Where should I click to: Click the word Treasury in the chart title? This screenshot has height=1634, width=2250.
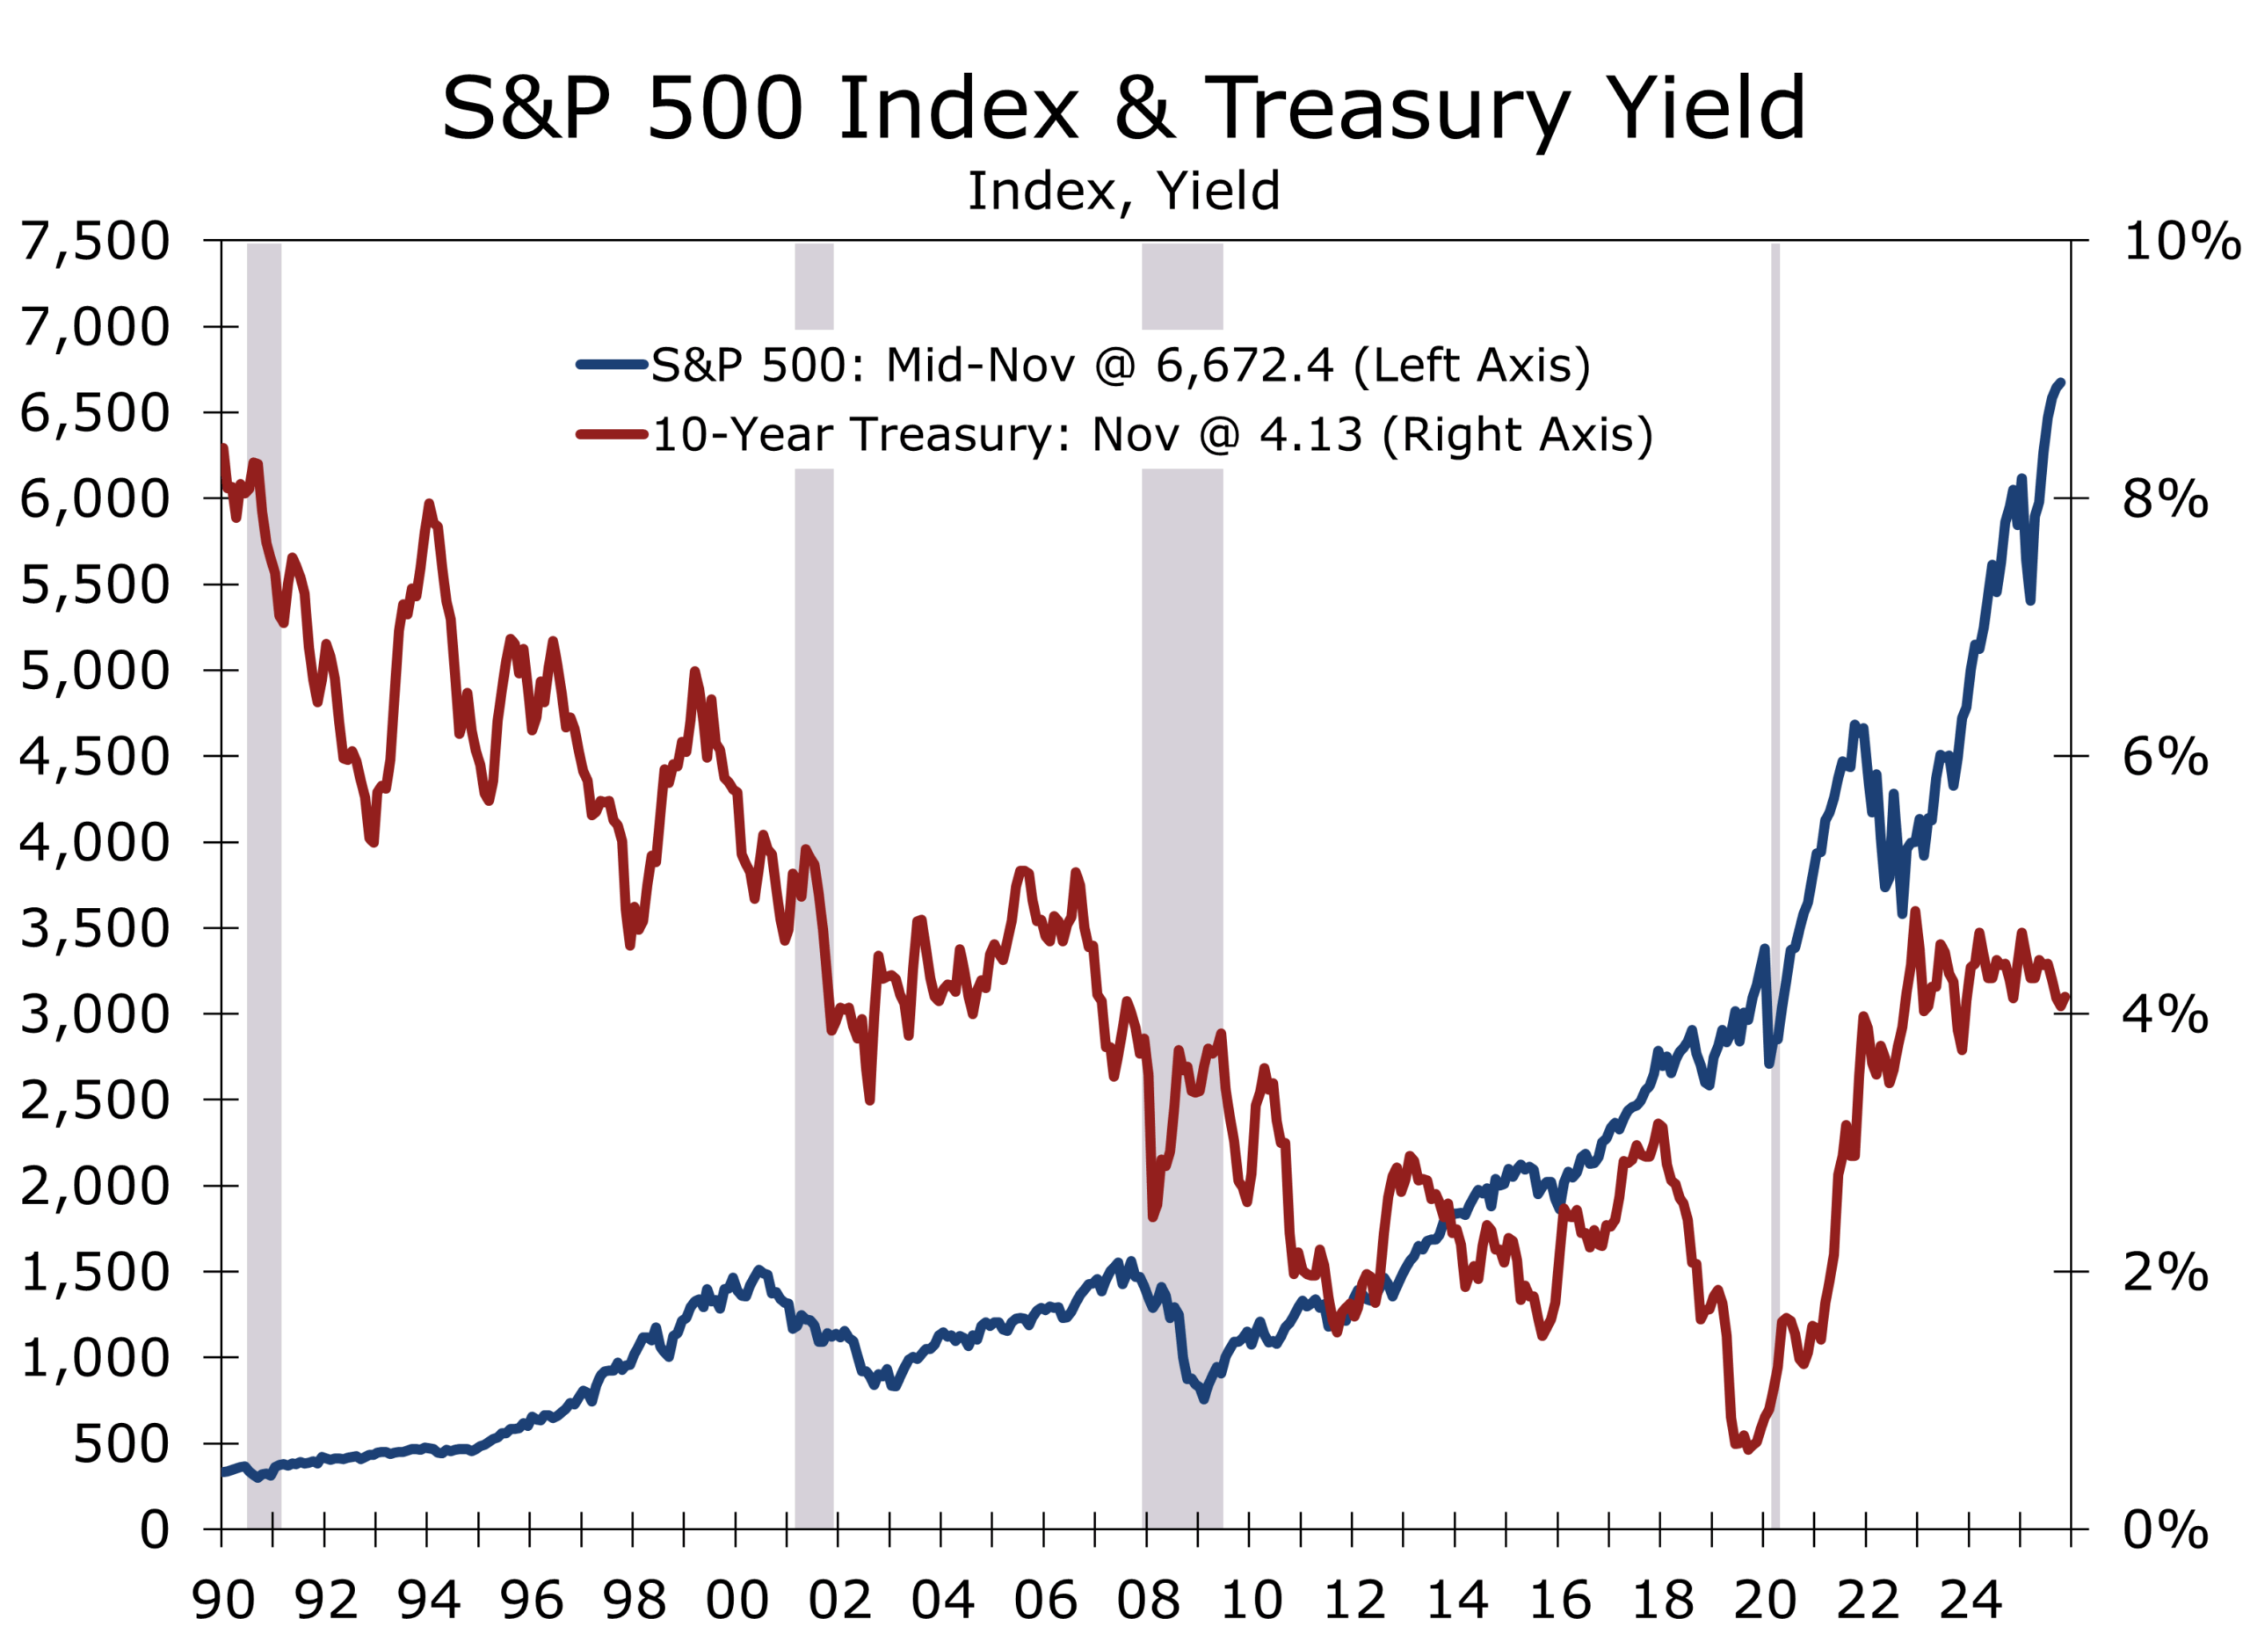coord(1387,109)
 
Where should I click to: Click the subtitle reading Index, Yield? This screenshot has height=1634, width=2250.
coord(1123,191)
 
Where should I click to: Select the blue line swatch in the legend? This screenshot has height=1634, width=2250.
coord(611,365)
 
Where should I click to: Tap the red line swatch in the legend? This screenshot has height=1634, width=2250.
coord(611,434)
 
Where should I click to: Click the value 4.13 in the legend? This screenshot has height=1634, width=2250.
coord(1310,434)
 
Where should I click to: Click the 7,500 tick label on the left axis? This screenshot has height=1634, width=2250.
coord(95,241)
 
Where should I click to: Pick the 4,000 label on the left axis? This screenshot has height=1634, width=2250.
coord(95,842)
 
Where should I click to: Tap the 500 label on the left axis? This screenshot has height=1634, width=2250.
coord(121,1443)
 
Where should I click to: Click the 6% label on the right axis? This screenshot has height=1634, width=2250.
coord(2165,757)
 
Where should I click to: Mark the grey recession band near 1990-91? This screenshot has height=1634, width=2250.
coord(264,893)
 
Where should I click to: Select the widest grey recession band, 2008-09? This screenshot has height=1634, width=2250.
coord(1181,893)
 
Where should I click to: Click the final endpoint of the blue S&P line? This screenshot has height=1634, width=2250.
coord(2060,383)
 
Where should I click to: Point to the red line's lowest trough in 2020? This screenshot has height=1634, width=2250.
coord(1747,1449)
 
